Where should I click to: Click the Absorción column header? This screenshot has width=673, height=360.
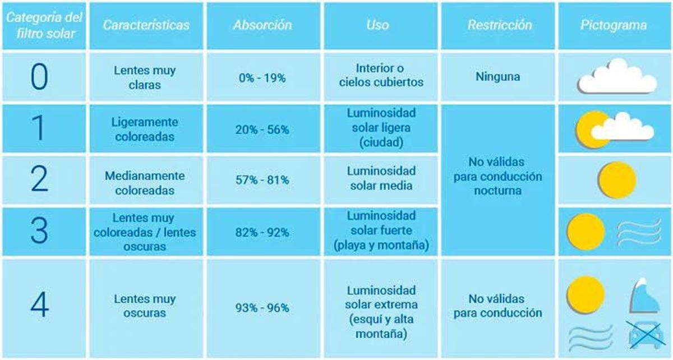tap(262, 25)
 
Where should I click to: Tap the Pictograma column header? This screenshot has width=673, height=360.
tap(614, 25)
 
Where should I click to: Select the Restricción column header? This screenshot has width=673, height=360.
tap(499, 25)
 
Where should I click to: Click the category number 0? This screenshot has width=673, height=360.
tap(39, 77)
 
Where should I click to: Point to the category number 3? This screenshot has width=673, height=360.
tap(39, 232)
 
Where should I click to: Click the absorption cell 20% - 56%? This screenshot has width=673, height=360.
tap(262, 130)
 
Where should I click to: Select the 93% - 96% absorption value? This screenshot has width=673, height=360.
tap(262, 308)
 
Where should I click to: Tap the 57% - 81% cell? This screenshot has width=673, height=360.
tap(262, 180)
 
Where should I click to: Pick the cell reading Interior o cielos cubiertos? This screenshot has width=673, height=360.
tap(381, 76)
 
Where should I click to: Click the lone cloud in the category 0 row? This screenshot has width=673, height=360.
tap(617, 77)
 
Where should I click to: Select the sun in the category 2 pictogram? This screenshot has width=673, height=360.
tap(616, 180)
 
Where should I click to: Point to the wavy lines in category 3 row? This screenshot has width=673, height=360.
tap(639, 232)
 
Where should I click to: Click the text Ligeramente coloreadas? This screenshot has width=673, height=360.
tap(144, 130)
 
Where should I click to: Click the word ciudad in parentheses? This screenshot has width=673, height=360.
tap(381, 143)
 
